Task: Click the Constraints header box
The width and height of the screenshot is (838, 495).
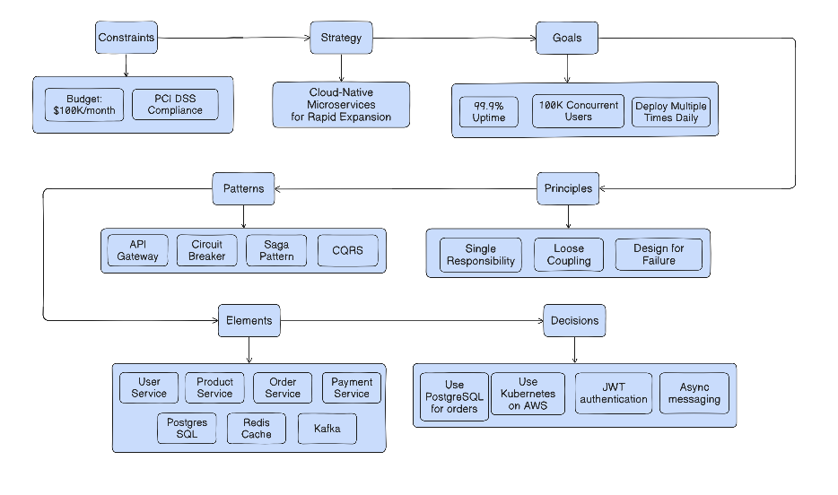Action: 126,38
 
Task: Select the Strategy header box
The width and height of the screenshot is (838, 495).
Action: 341,38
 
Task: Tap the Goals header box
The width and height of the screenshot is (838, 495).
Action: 567,38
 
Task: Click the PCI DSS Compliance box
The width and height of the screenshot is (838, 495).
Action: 175,105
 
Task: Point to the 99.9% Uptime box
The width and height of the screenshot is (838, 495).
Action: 489,112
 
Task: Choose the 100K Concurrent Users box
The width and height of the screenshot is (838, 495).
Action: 578,111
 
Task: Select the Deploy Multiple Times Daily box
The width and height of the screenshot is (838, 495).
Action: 670,112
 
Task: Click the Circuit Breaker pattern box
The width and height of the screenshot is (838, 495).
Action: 206,250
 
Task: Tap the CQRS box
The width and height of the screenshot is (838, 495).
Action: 347,251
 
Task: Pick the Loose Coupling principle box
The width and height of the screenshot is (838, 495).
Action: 568,255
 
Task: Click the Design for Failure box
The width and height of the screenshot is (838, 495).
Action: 659,255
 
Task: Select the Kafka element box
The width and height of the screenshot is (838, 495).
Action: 327,429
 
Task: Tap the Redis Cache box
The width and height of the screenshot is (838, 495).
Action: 256,429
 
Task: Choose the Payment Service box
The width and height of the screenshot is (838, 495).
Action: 351,387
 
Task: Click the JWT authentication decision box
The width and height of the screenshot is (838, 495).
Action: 614,393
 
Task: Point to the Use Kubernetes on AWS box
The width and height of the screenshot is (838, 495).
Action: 528,394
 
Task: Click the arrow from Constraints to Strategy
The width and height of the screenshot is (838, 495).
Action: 233,38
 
